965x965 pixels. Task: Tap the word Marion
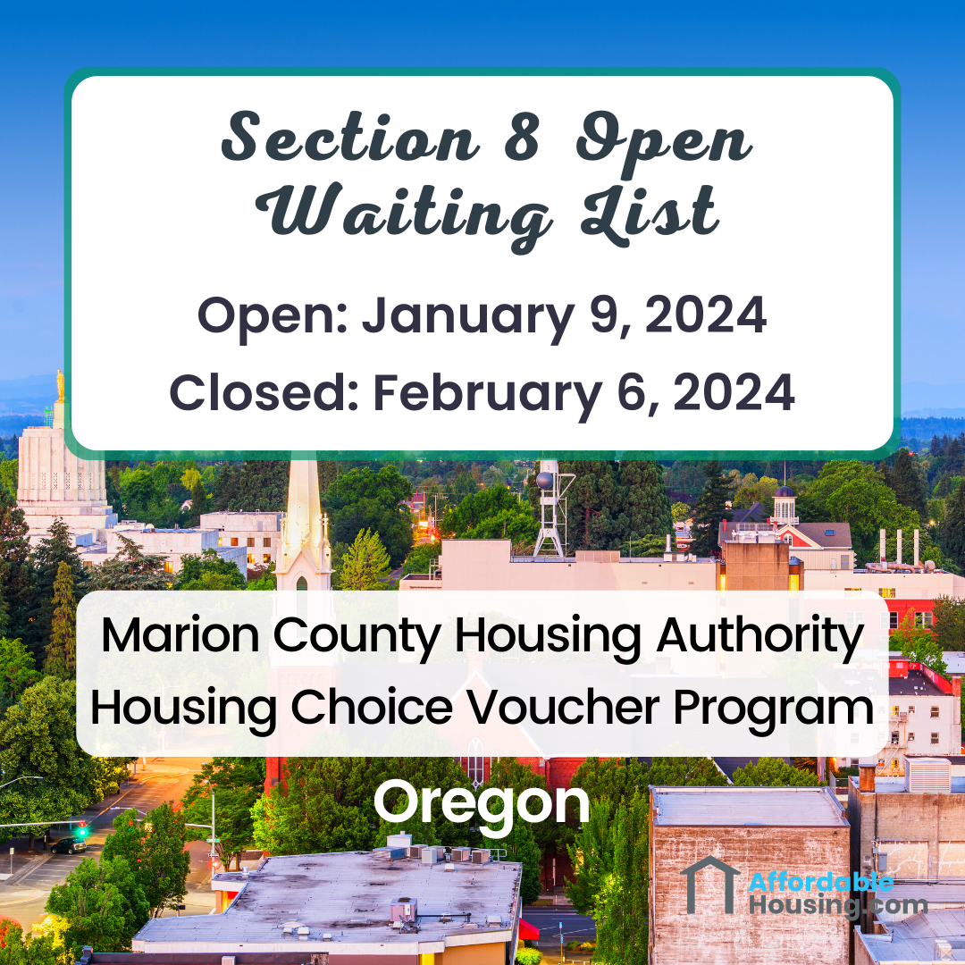(x=182, y=635)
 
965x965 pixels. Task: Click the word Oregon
(x=482, y=804)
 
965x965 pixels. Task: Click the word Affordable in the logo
(x=820, y=883)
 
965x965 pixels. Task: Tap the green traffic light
(x=82, y=831)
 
